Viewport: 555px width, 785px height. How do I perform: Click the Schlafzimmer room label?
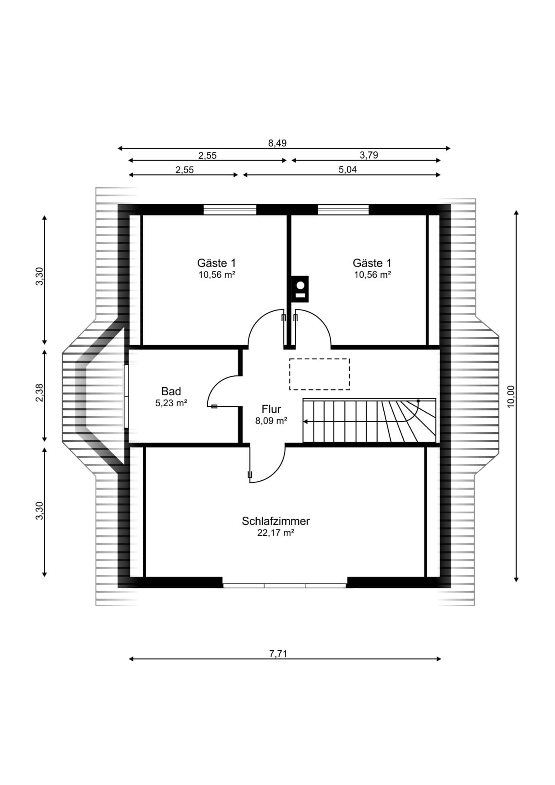276,521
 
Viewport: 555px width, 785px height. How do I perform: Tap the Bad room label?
171,391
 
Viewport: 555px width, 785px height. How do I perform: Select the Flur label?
271,409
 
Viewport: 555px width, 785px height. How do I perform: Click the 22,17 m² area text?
276,533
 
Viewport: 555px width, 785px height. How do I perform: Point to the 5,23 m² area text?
171,403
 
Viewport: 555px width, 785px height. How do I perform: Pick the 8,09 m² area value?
271,420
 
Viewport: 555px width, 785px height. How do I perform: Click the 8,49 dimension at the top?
277,143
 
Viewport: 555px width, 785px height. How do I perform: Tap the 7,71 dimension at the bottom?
278,654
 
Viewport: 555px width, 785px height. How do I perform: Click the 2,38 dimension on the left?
39,393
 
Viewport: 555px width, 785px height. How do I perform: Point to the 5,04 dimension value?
348,169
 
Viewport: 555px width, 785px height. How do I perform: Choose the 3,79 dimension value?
369,155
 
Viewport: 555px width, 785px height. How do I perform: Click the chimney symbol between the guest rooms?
300,289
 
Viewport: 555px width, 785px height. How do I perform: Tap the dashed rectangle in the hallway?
320,374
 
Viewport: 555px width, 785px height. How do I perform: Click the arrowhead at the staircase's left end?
306,421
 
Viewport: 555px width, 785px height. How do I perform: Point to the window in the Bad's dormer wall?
126,397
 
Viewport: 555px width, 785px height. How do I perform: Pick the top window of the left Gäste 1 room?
230,210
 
